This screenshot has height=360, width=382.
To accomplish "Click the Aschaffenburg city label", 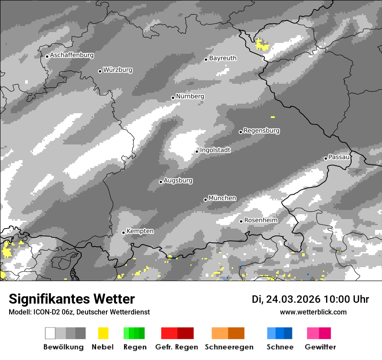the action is tap(72, 56).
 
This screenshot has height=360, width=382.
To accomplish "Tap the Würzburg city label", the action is tap(118, 70).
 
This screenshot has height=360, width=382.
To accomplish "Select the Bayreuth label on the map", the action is tap(223, 58).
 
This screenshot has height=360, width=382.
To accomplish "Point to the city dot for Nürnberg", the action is tap(173, 98).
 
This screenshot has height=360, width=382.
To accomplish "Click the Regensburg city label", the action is tap(261, 131).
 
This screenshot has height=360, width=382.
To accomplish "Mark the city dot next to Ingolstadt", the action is tap(197, 151).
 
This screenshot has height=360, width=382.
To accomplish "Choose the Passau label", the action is tap(339, 157).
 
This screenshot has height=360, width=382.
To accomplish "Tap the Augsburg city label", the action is tap(178, 180).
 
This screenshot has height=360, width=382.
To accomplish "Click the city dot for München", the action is tap(205, 200).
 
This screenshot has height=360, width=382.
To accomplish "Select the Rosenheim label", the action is tap(260, 220).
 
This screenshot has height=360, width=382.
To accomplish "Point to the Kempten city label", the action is tap(140, 231).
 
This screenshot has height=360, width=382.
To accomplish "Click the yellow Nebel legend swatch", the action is tap(103, 333).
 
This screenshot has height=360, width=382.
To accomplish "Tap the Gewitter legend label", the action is tap(320, 347).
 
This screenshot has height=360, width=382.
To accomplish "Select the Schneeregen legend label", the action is tap(229, 347).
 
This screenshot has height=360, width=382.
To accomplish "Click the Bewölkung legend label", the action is tap(63, 347).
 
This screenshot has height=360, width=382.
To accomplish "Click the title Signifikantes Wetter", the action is tap(72, 299).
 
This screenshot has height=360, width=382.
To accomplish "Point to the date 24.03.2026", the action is tap(293, 299).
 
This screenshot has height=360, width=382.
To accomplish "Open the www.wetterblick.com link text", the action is tap(313, 312).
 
